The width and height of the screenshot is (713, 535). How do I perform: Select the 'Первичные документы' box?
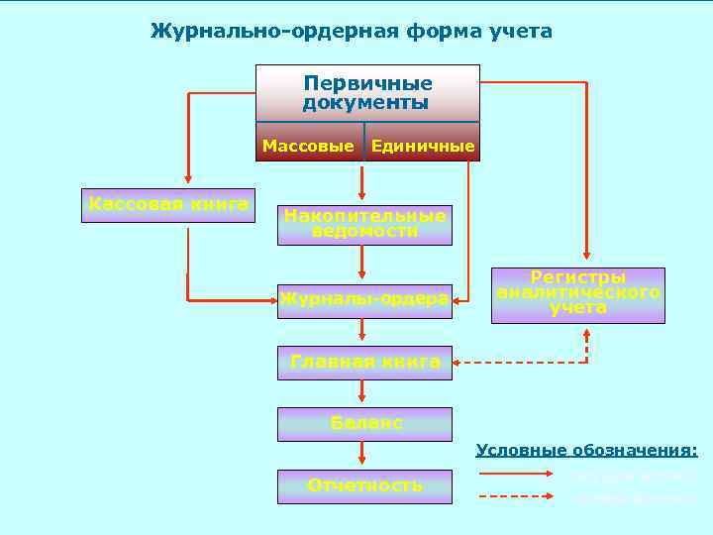[x=367, y=92]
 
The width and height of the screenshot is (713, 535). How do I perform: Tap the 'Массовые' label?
[x=308, y=147]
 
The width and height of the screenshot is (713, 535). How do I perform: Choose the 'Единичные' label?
[x=423, y=147]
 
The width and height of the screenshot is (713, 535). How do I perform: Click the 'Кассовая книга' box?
[x=168, y=205]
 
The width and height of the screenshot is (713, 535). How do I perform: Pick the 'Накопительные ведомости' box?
[x=364, y=224]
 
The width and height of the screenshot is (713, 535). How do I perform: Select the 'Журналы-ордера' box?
[x=364, y=299]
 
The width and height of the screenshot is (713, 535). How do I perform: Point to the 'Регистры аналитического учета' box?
[x=578, y=294]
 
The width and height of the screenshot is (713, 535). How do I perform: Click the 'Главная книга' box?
[x=364, y=363]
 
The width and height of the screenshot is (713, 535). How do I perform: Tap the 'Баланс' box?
[x=364, y=423]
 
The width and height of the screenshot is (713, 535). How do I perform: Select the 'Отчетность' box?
[x=364, y=485]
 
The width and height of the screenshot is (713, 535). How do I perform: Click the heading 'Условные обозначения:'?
[x=586, y=451]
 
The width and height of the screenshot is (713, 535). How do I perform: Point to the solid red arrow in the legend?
[x=516, y=475]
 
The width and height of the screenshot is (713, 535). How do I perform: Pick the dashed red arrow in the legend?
[x=516, y=495]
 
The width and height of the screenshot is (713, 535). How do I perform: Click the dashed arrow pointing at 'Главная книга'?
[x=515, y=363]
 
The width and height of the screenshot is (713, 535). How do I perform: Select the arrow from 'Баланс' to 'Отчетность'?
[x=363, y=455]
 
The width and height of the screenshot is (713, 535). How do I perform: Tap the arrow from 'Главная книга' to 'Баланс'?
[x=363, y=393]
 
